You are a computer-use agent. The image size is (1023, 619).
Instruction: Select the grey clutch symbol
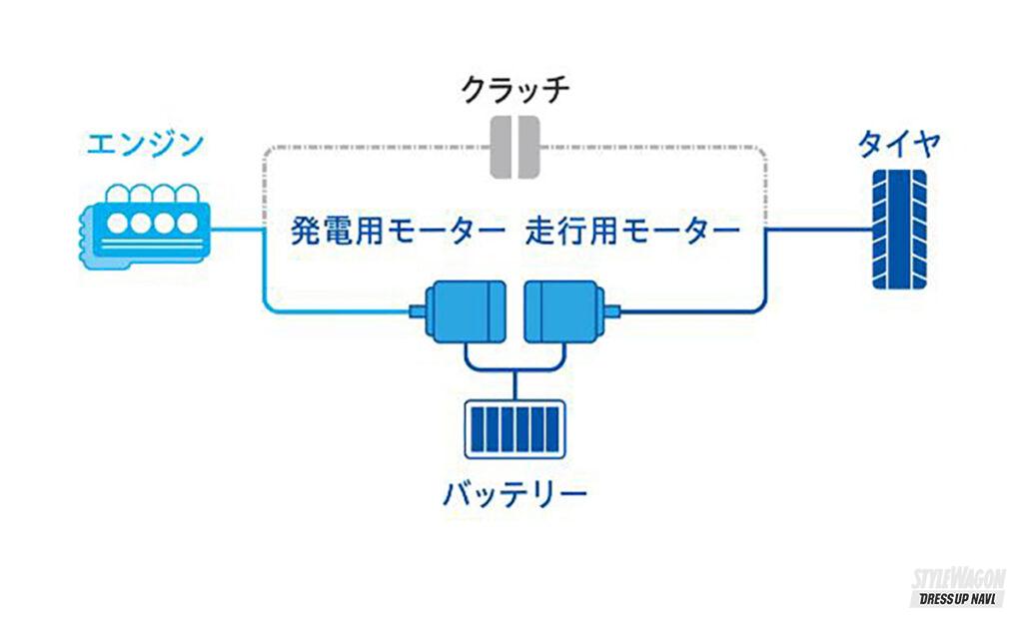pos(513,148)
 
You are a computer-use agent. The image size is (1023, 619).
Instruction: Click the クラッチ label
pos(514,91)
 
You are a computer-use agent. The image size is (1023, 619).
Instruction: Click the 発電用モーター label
pos(398,233)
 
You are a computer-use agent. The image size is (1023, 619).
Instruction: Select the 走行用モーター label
pos(632,233)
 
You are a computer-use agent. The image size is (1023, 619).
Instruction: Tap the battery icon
pos(514,426)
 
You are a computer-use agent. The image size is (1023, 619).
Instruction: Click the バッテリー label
pos(514,492)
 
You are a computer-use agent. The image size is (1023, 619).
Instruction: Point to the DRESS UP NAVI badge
pos(956,599)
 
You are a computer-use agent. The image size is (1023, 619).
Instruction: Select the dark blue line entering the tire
pos(819,230)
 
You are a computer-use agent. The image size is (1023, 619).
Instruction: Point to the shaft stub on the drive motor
pos(611,311)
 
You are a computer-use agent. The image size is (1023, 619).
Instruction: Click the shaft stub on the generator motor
pos(417,311)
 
